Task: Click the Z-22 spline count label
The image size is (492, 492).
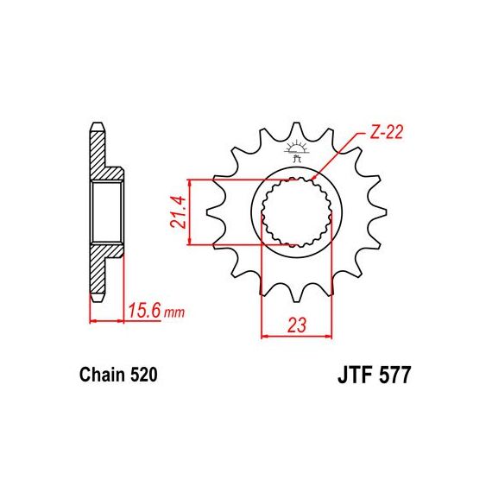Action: pyautogui.click(x=386, y=132)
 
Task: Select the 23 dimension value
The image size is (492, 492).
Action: pyautogui.click(x=297, y=325)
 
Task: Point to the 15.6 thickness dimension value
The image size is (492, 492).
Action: pyautogui.click(x=145, y=311)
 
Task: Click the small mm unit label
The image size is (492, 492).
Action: pyautogui.click(x=174, y=312)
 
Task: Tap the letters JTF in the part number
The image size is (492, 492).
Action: pyautogui.click(x=356, y=375)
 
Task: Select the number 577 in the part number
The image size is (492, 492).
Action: pyautogui.click(x=394, y=375)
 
